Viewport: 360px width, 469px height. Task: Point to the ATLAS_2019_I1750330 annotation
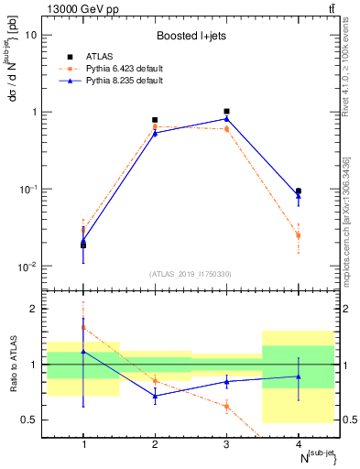191,274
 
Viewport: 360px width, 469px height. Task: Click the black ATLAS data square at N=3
226,112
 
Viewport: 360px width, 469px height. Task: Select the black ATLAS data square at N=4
299,191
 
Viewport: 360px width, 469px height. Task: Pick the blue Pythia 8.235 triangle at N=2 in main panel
155,133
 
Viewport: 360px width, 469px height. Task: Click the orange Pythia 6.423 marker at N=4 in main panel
299,235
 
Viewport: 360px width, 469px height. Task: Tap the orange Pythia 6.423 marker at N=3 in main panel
226,129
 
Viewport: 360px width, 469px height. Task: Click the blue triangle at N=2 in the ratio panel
155,396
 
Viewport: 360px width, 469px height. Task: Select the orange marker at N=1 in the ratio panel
83,327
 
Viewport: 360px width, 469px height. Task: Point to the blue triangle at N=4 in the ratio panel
299,376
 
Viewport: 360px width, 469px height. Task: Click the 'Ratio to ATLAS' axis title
12,365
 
